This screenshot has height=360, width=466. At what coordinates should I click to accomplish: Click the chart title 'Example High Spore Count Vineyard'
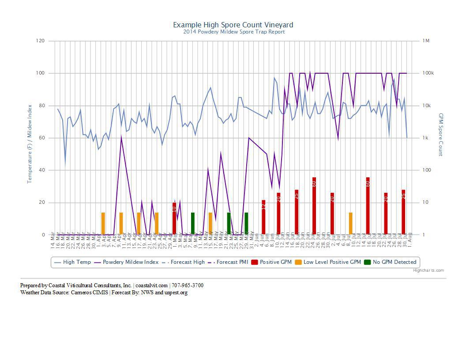[233, 25]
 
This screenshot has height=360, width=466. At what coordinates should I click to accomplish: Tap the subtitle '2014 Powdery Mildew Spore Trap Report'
[234, 32]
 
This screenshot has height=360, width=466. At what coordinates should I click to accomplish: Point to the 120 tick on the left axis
[41, 41]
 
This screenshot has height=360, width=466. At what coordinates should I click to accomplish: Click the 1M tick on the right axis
[426, 41]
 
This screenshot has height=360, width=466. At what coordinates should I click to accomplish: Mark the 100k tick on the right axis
[428, 73]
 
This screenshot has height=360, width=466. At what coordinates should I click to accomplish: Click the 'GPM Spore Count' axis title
[440, 135]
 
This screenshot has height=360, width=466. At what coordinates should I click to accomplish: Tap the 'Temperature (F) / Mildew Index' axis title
[30, 144]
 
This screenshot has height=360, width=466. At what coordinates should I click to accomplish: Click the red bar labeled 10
[174, 218]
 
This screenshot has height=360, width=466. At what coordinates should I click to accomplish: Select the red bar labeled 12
[263, 217]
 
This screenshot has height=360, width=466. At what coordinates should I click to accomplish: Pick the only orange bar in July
[350, 223]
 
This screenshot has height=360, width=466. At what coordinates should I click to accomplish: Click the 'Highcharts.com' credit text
[428, 270]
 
